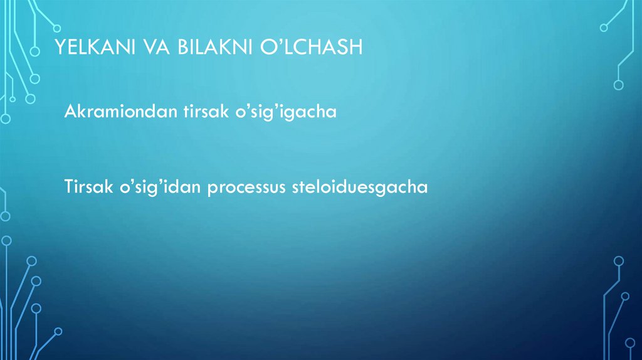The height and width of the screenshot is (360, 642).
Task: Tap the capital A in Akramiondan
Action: [x=69, y=112]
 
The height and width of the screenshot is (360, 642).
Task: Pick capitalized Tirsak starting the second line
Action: [x=85, y=188]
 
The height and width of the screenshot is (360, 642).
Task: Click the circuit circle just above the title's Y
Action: [x=56, y=27]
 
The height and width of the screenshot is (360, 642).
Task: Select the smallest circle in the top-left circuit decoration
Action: [x=12, y=98]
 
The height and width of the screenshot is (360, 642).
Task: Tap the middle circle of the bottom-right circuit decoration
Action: [x=625, y=295]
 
